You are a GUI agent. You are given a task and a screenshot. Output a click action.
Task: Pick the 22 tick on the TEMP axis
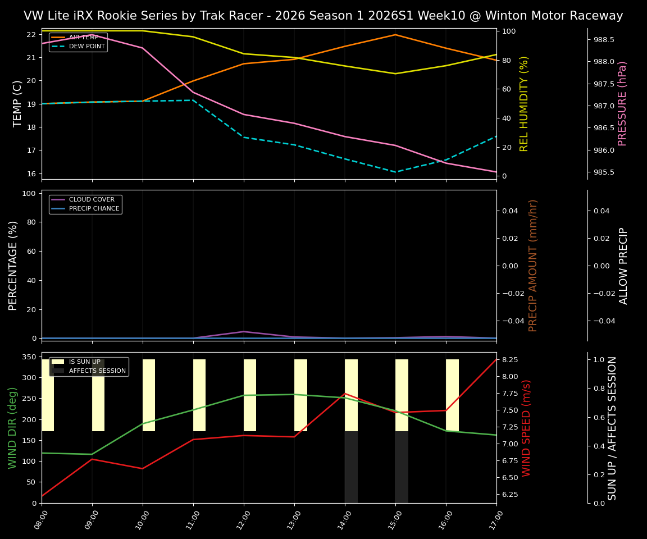click(31, 34)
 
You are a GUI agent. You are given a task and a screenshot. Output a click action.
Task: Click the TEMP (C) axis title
click(17, 103)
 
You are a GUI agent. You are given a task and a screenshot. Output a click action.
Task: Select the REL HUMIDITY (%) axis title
click(524, 103)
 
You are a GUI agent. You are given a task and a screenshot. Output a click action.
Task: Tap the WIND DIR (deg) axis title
click(12, 428)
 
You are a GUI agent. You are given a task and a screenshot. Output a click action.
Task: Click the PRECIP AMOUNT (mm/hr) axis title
click(533, 265)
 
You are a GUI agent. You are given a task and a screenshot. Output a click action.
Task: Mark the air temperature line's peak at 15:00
click(395, 35)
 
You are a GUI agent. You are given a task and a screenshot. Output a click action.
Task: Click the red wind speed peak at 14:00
click(345, 394)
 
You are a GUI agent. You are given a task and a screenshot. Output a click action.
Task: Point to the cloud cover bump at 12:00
click(244, 331)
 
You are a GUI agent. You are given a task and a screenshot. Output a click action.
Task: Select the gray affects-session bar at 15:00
click(402, 467)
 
